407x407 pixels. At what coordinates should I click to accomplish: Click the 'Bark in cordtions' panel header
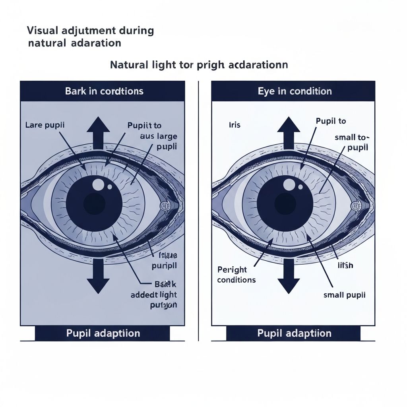click(x=104, y=91)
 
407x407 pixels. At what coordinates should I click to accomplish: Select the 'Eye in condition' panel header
click(x=295, y=91)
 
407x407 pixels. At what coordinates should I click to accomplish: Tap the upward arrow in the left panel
click(x=98, y=131)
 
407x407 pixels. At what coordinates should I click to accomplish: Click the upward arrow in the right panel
click(x=289, y=131)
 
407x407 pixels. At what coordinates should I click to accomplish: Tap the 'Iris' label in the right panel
click(x=235, y=125)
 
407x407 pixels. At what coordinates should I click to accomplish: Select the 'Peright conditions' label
click(x=236, y=275)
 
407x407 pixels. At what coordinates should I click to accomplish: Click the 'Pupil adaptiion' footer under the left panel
click(x=103, y=333)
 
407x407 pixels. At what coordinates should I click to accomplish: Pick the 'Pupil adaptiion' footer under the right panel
click(x=294, y=333)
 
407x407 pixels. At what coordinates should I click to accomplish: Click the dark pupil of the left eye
click(x=94, y=203)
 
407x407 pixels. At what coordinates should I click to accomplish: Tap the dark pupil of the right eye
click(x=285, y=203)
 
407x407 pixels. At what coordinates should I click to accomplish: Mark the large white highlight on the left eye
click(x=98, y=184)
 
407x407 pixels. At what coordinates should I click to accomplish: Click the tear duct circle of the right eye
click(x=355, y=206)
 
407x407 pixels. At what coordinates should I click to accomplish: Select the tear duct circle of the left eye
click(x=165, y=206)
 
